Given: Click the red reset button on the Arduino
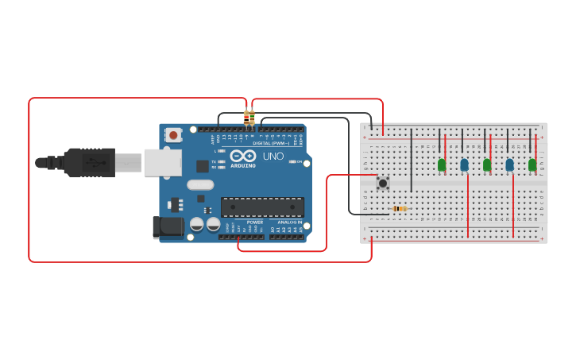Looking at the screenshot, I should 173,135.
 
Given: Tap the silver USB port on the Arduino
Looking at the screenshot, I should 162,162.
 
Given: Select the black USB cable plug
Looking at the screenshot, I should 89,162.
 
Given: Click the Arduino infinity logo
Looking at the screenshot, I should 243,156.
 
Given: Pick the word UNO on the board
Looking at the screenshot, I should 273,156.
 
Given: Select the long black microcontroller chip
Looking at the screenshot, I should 262,207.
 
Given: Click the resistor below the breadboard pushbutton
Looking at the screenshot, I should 400,208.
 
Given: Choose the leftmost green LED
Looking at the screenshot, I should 441,165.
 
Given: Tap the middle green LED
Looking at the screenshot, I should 486,165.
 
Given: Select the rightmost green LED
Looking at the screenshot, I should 532,165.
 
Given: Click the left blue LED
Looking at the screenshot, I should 464,165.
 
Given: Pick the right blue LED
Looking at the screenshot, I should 509,165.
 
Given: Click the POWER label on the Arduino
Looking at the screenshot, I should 254,222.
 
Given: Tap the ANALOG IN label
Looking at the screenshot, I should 289,222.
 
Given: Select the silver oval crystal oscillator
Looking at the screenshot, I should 200,184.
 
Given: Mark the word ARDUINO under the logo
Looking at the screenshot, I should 243,165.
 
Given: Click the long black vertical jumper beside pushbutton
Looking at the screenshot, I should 411,159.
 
